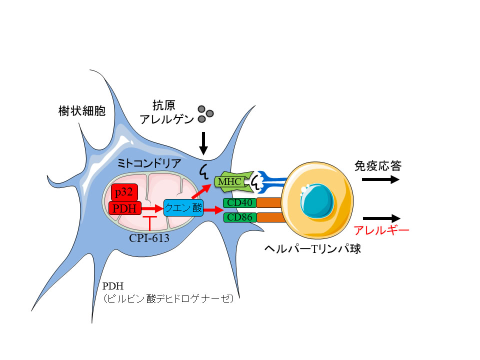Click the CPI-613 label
point(149,238)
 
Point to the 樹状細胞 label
point(81,111)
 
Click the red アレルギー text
point(381,230)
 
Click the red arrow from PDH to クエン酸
point(152,207)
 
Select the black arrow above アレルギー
point(382,218)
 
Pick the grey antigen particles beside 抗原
point(202,113)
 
